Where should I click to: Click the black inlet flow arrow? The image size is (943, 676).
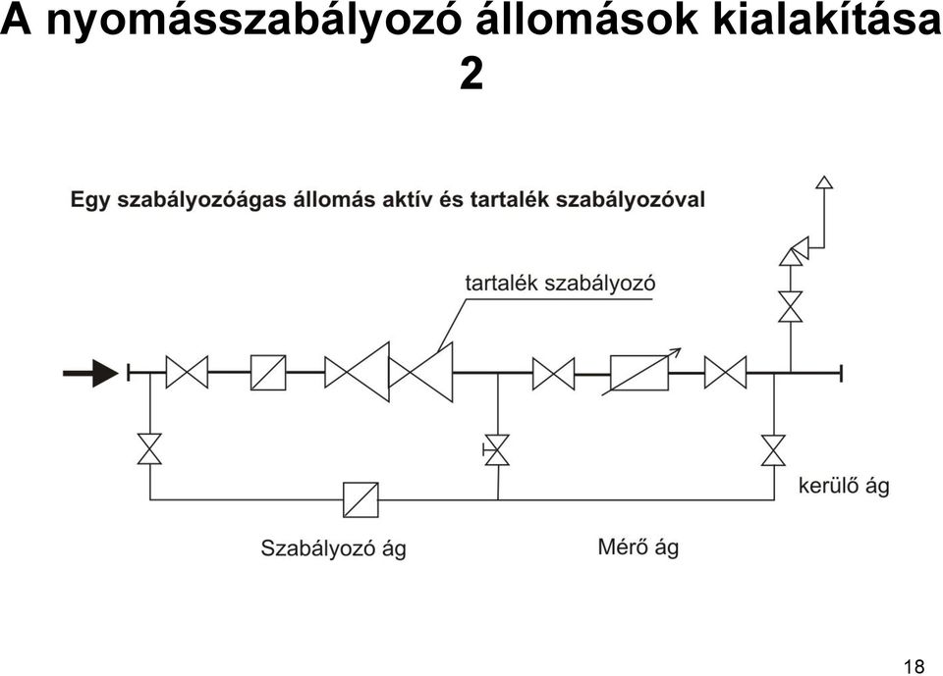[91, 373]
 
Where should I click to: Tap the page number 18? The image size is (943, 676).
[914, 666]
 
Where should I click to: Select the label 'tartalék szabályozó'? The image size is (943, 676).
[560, 283]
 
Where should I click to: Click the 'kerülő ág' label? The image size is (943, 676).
[844, 485]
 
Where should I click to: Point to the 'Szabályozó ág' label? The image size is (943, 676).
[333, 548]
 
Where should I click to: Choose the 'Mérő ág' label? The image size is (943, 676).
[638, 546]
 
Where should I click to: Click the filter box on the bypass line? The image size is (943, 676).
[361, 500]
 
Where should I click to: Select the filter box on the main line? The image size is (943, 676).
[268, 373]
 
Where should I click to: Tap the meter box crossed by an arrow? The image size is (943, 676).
[639, 373]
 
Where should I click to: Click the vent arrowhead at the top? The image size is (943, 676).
[824, 182]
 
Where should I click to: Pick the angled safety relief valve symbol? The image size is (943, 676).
[794, 251]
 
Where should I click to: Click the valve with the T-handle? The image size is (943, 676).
[497, 449]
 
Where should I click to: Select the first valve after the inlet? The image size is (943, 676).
[187, 372]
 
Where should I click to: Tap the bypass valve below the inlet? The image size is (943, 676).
[149, 448]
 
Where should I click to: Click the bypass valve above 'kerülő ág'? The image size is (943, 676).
[773, 450]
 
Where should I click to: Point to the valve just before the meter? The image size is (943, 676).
[553, 373]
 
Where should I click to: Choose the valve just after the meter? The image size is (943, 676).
[725, 372]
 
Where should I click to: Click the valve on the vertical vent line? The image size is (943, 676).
[790, 306]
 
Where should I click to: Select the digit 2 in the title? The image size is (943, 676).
[471, 74]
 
